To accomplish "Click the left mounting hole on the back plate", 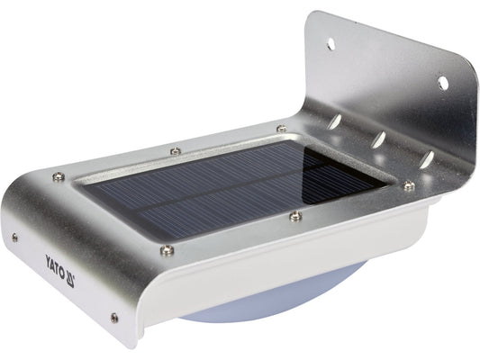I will pyautogui.click(x=331, y=42).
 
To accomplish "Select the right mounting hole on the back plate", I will pyautogui.click(x=443, y=83).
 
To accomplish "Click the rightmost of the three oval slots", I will pyautogui.click(x=426, y=159).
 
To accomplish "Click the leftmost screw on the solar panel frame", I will pyautogui.click(x=60, y=176).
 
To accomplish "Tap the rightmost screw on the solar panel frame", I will pyautogui.click(x=409, y=186).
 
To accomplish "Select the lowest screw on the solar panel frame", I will pyautogui.click(x=166, y=251).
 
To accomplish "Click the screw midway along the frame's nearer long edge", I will pyautogui.click(x=295, y=215).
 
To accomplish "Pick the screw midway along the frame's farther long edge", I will pyautogui.click(x=176, y=150).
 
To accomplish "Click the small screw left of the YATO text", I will pyautogui.click(x=14, y=238).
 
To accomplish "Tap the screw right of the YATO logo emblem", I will pyautogui.click(x=113, y=317).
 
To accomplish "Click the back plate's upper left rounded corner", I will pyautogui.click(x=315, y=15).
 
